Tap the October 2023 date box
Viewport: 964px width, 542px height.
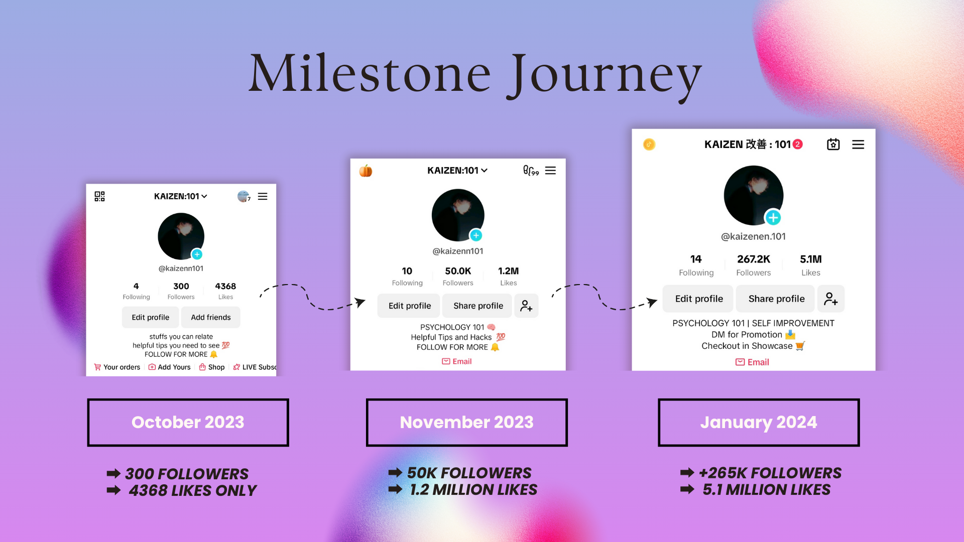pyautogui.click(x=188, y=422)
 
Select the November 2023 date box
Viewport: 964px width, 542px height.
pyautogui.click(x=466, y=422)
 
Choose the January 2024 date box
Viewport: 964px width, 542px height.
pyautogui.click(x=759, y=422)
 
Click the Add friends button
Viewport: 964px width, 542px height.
pyautogui.click(x=211, y=317)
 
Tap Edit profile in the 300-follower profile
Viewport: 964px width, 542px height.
pyautogui.click(x=151, y=317)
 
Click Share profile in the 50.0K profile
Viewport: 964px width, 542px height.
pyautogui.click(x=478, y=306)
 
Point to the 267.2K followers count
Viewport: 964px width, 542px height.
pyautogui.click(x=754, y=259)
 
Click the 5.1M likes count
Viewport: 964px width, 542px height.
pyautogui.click(x=811, y=259)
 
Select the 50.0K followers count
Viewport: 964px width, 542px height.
pyautogui.click(x=458, y=271)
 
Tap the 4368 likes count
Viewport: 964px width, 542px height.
pyautogui.click(x=225, y=286)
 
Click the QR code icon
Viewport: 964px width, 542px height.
pyautogui.click(x=99, y=196)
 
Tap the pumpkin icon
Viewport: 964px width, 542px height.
pyautogui.click(x=366, y=171)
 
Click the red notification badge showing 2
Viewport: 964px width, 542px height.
pyautogui.click(x=797, y=145)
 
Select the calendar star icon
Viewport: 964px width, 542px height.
pyautogui.click(x=833, y=145)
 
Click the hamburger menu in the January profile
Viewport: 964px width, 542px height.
pyautogui.click(x=858, y=145)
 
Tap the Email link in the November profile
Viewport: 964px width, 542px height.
pyautogui.click(x=457, y=361)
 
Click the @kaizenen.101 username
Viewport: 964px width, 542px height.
pyautogui.click(x=753, y=236)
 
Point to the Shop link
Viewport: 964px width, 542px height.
pyautogui.click(x=212, y=367)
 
